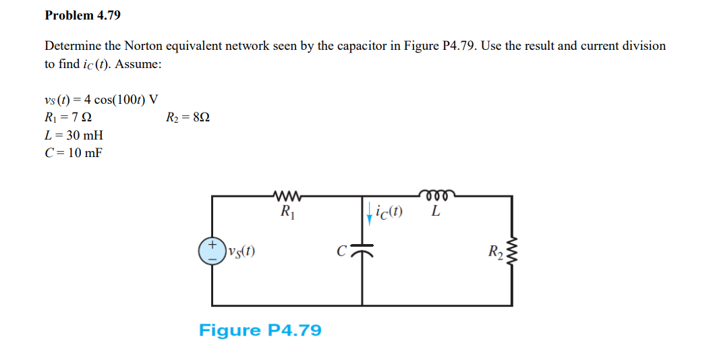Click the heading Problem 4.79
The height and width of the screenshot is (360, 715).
(78, 15)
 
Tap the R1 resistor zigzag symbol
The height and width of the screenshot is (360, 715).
(287, 196)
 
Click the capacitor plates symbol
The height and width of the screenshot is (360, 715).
(363, 251)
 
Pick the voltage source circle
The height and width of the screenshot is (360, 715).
(212, 250)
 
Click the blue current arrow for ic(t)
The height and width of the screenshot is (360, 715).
(369, 212)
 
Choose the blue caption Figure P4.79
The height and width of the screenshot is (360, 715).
(260, 330)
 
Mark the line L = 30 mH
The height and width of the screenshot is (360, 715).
(74, 135)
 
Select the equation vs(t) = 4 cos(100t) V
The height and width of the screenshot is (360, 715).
(101, 100)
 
